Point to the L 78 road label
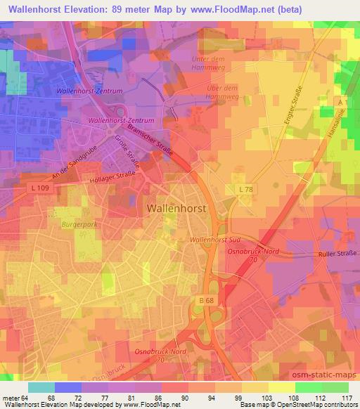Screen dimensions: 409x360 (244, 190)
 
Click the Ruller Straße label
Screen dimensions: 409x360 (337, 254)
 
